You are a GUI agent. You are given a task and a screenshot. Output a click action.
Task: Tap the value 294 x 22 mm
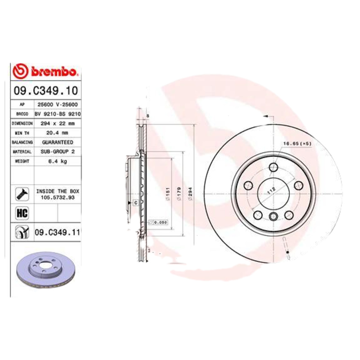[58, 123]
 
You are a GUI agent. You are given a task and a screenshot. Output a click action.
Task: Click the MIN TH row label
[22, 133]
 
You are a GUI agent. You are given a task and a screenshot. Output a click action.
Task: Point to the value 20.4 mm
[58, 133]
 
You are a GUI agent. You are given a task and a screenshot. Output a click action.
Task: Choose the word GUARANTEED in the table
[58, 142]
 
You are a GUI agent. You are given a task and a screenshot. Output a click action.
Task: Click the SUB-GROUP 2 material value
[58, 152]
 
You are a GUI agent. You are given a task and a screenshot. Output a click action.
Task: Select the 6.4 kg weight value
[58, 162]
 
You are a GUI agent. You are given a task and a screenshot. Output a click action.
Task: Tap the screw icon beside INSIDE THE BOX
[22, 193]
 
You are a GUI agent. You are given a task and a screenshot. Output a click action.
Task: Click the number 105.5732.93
[58, 197]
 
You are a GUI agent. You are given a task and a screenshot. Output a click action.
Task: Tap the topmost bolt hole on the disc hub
[274, 168]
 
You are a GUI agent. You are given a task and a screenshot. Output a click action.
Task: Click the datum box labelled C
[135, 203]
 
